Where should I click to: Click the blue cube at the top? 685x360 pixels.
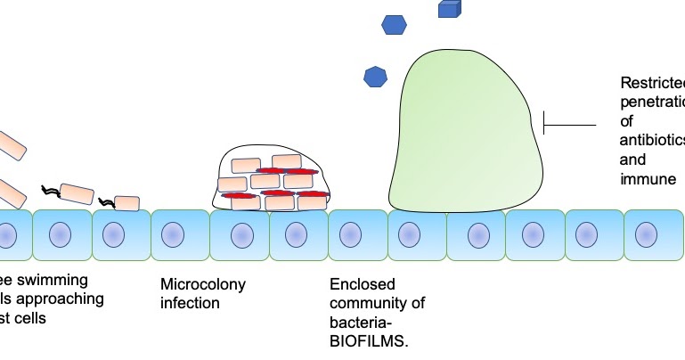[x=449, y=9]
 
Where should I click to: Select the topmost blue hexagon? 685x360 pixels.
[x=394, y=25]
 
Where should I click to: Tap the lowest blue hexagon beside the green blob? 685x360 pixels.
[x=375, y=77]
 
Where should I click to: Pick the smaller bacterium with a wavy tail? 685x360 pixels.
[x=126, y=203]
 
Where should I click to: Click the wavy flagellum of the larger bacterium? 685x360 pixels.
[x=50, y=191]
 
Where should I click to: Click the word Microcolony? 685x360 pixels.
[x=202, y=285]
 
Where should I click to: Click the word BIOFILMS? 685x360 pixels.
[x=368, y=340]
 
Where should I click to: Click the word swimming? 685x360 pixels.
[x=63, y=278]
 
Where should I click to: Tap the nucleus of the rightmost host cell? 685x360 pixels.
[x=647, y=235]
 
